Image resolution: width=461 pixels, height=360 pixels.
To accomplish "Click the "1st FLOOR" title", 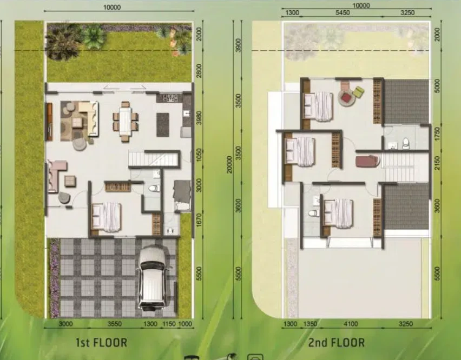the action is click(102, 342).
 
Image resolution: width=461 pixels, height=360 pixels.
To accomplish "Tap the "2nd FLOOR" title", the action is click(337, 342).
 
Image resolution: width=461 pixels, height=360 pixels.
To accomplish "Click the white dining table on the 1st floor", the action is click(126, 121).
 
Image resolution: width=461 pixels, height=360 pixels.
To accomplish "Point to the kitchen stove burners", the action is click(169, 98).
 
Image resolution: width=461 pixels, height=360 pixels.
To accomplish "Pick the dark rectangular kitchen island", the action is click(163, 125).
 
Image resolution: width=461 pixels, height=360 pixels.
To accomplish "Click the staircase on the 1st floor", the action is click(153, 158).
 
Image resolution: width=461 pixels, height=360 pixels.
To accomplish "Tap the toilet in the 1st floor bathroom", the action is click(154, 188).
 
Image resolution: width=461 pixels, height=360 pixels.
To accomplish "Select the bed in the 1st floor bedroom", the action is click(107, 217).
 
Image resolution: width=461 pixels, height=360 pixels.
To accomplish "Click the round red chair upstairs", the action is click(347, 98).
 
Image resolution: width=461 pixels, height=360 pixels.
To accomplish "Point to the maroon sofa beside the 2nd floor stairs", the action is click(367, 162).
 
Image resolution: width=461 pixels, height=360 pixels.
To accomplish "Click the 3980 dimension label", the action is click(199, 118).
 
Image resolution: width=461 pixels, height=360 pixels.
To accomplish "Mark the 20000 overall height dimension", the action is click(229, 164).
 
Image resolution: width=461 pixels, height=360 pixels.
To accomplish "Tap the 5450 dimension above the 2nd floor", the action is click(343, 12).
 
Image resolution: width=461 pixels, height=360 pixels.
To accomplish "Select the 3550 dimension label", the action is click(115, 324).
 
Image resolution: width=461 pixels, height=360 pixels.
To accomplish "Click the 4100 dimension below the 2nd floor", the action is click(351, 324).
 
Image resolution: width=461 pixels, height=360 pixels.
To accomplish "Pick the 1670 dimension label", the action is click(199, 220).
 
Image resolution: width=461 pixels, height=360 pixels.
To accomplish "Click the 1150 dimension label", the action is click(169, 324).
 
